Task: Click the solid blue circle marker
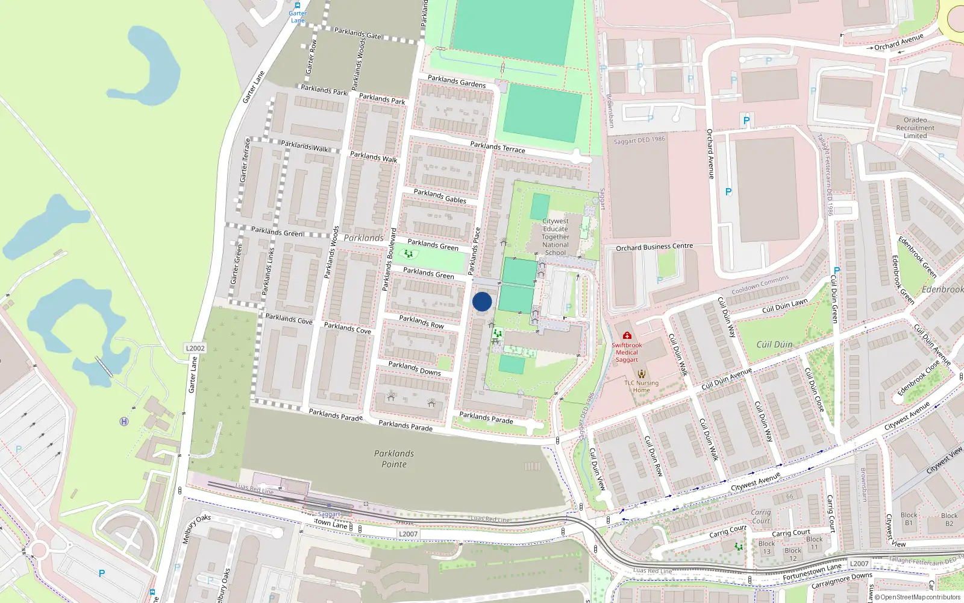click(482, 301)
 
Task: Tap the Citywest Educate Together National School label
click(555, 237)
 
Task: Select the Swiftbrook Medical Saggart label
click(627, 353)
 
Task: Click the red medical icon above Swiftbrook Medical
click(627, 335)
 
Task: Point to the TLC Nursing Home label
click(641, 387)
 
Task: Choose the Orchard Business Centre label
click(654, 247)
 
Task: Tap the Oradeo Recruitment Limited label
click(915, 128)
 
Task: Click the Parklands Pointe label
click(394, 459)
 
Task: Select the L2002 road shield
click(195, 348)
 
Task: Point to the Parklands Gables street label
click(440, 196)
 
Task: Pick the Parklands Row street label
click(421, 322)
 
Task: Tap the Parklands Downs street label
click(415, 368)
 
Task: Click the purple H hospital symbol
click(124, 421)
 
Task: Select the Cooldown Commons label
click(760, 285)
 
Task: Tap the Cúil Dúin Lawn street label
click(784, 306)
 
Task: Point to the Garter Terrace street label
click(245, 160)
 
